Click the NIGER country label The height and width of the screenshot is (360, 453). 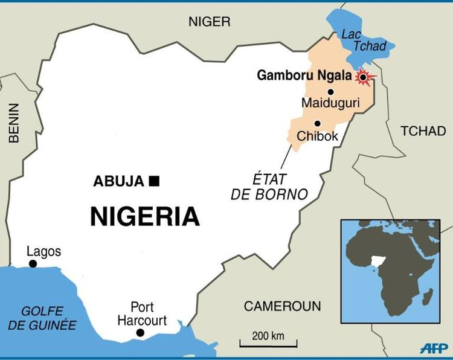coord(209,22)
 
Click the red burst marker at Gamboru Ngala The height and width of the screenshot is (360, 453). coord(363,77)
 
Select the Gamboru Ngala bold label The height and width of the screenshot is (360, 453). coord(304,76)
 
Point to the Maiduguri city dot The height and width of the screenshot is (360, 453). coord(330,92)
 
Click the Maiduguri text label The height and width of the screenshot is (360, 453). coord(330,104)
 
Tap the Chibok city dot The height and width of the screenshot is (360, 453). coord(317,123)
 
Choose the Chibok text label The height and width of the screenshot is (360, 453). coord(317,137)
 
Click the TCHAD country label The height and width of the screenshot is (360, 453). coord(423,131)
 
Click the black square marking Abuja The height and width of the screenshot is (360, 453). coord(154,181)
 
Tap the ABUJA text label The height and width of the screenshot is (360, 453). coord(118,181)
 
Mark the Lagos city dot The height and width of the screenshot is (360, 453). coord(33,264)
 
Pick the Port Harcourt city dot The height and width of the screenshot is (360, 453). coord(140,333)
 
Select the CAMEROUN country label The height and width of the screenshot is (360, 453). coord(282,306)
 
